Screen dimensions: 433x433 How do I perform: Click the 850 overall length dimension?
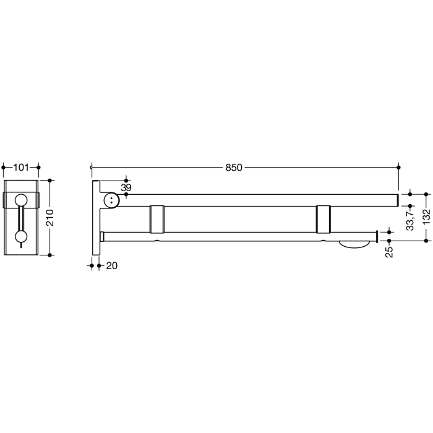point(234,168)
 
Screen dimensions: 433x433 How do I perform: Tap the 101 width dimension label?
point(21,167)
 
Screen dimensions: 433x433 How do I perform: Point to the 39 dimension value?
point(126,187)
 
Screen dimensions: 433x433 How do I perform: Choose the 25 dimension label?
point(389,252)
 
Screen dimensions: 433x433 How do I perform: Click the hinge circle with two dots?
point(111,200)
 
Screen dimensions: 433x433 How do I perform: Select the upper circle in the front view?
point(21,199)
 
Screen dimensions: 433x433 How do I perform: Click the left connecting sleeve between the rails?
point(157,218)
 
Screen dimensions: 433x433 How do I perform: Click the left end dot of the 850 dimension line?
point(92,167)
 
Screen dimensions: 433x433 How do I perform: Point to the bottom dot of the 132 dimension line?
point(426,240)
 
